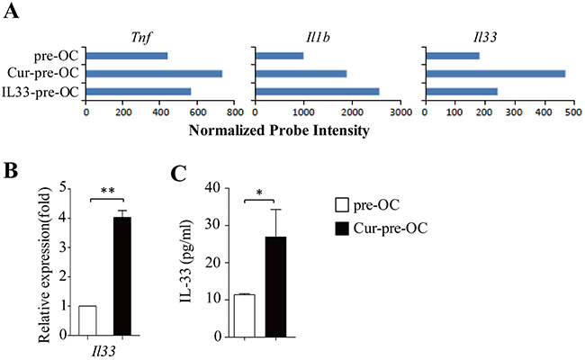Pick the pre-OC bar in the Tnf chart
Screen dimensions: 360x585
127,57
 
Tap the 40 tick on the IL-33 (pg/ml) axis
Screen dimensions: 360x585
213,187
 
